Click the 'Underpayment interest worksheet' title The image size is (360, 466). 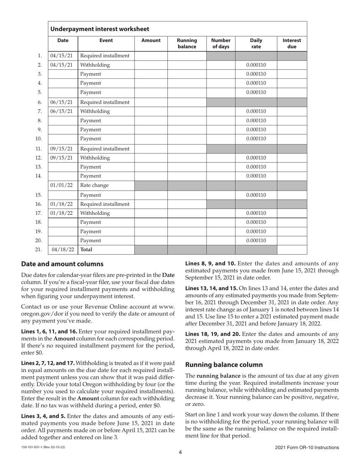click(x=100, y=29)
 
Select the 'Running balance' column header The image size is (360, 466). click(x=187, y=44)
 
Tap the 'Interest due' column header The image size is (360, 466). click(x=292, y=44)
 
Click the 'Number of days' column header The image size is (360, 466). click(x=221, y=44)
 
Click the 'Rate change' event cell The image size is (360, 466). click(x=94, y=185)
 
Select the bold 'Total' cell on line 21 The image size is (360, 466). click(x=86, y=250)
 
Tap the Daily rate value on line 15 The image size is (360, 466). click(x=256, y=195)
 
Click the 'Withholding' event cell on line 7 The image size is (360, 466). click(x=95, y=111)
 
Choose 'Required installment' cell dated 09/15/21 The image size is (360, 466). click(x=105, y=149)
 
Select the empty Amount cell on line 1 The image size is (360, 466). click(x=151, y=56)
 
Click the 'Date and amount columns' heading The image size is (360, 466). click(x=62, y=264)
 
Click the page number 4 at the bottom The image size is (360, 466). click(x=180, y=452)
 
